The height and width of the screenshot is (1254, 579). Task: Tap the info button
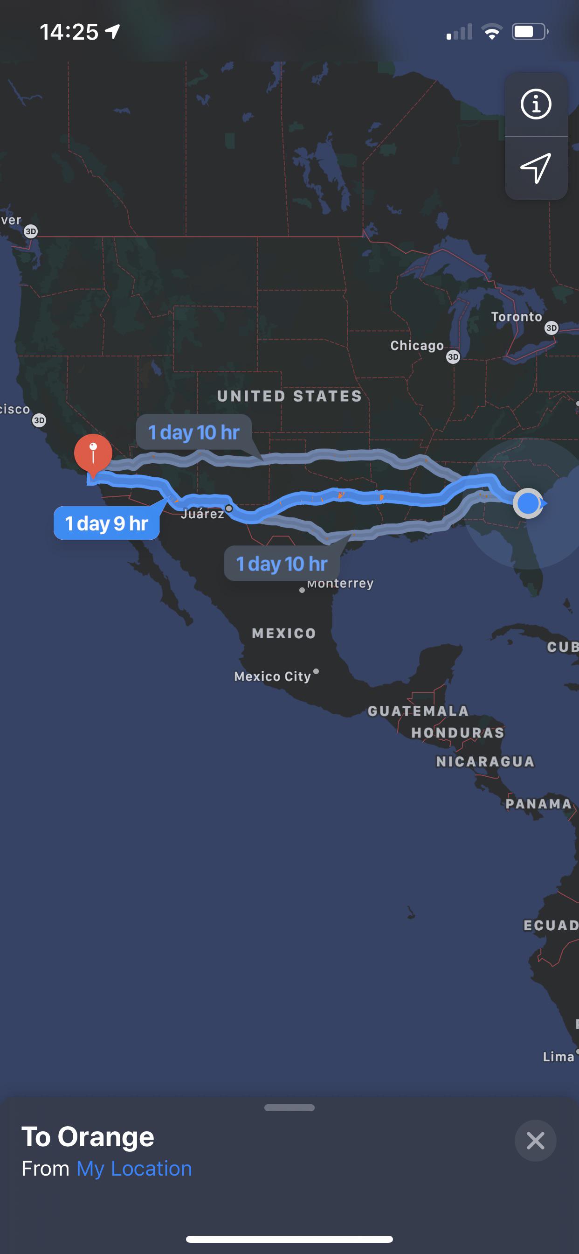coord(536,104)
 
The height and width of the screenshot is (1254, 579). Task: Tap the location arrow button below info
coord(536,168)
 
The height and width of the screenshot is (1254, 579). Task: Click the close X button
coord(535,1141)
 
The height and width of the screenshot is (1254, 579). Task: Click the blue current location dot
coord(528,503)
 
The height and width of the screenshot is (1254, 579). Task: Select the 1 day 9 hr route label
coord(107,523)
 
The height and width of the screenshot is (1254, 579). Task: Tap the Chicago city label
coord(417,346)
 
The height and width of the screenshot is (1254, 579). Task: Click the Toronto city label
coord(516,317)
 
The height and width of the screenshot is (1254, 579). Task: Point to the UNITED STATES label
coord(289,396)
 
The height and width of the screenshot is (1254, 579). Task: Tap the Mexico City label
coord(272,676)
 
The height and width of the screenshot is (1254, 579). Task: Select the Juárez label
coord(202,514)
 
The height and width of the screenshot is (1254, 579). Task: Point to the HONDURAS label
coord(458,733)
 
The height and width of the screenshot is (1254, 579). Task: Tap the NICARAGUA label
coord(485,762)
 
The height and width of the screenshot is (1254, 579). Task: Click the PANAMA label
coord(538,804)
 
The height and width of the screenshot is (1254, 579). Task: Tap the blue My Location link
coord(134,1169)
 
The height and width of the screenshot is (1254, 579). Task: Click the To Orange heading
coord(88,1137)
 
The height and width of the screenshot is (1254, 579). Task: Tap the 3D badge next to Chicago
coord(453,357)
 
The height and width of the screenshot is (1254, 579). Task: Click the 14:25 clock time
coord(69,32)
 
